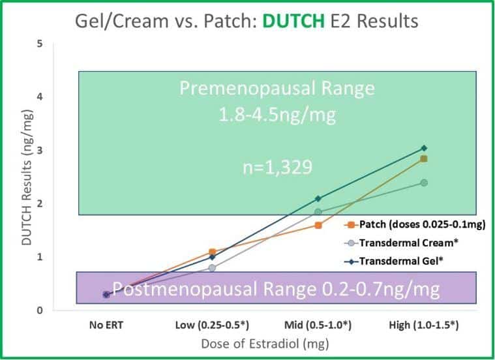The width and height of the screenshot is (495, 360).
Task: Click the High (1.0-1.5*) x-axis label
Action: click(423, 323)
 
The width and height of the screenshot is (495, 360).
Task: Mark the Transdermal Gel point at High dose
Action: click(424, 148)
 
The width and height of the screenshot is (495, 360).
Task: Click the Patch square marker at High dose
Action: click(424, 159)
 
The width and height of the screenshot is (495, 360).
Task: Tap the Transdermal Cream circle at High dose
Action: click(424, 183)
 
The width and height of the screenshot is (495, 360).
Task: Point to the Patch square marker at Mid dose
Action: click(318, 225)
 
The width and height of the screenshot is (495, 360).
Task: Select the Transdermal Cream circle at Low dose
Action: click(212, 267)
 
